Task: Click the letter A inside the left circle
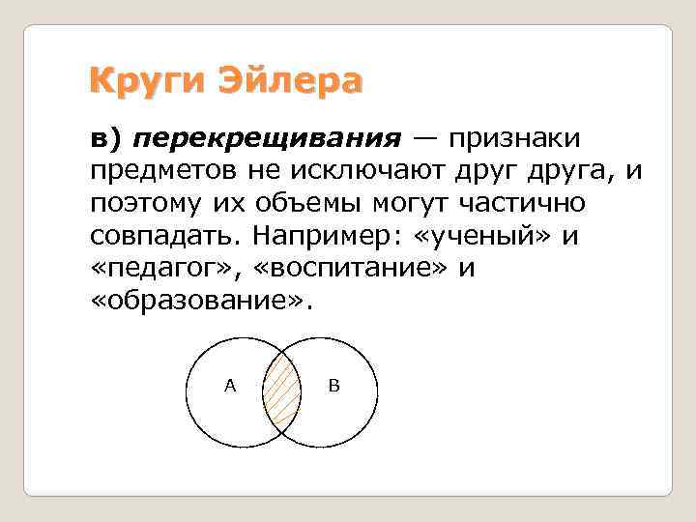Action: point(229,386)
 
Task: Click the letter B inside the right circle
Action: point(333,386)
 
